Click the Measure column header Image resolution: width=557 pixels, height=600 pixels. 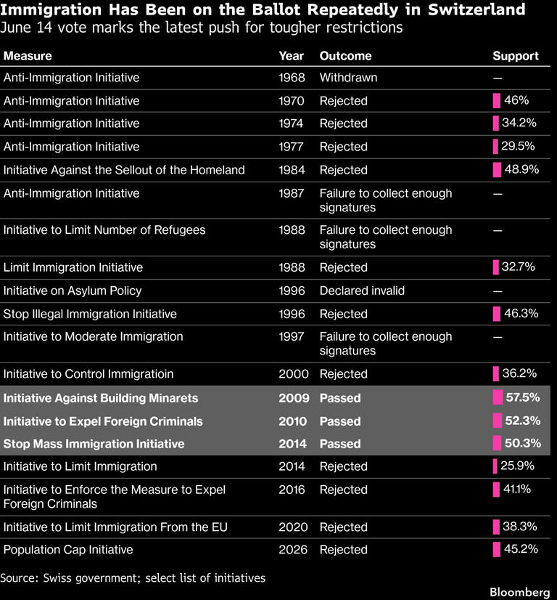(x=28, y=56)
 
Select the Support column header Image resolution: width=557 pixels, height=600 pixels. (x=516, y=56)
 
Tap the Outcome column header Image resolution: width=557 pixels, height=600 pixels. (x=345, y=56)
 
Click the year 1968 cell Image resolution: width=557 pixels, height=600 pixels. (x=292, y=78)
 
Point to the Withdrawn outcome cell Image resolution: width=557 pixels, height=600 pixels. (x=348, y=78)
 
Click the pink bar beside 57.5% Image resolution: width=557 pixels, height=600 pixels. (x=498, y=397)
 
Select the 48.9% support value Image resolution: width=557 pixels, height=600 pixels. (x=521, y=169)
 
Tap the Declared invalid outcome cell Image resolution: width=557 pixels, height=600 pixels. (x=362, y=291)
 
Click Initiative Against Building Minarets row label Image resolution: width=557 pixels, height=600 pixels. (x=101, y=398)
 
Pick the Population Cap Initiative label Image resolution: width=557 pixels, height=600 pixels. (x=68, y=550)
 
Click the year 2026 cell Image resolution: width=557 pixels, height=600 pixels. (x=292, y=549)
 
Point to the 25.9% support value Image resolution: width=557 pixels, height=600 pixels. (x=517, y=466)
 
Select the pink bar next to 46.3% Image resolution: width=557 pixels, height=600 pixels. (x=497, y=314)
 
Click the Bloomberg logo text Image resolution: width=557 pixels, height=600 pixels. (x=519, y=592)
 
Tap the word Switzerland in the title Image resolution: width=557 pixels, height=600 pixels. (x=476, y=9)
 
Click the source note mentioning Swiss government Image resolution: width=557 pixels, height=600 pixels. (x=133, y=577)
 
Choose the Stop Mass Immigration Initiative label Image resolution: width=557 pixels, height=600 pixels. (x=94, y=444)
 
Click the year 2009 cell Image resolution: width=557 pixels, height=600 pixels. (x=294, y=398)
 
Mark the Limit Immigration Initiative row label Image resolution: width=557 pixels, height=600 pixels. (x=73, y=267)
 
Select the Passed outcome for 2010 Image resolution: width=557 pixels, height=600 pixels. (x=340, y=421)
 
